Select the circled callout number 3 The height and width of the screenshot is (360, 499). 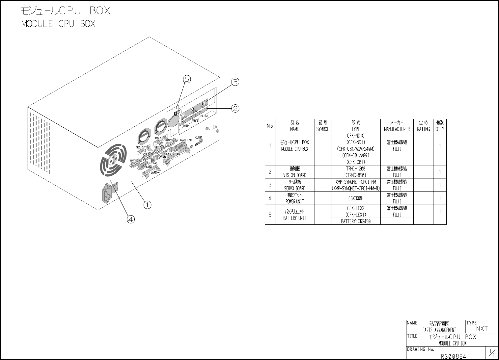(235, 82)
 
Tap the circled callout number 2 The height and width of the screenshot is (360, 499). (235, 108)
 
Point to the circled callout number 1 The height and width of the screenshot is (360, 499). (147, 205)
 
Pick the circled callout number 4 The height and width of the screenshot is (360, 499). (131, 219)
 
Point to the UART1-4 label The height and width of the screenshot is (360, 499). (156, 172)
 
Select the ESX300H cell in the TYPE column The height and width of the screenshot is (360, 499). (356, 198)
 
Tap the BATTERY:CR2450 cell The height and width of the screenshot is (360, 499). (356, 221)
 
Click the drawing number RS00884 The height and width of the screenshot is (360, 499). (454, 356)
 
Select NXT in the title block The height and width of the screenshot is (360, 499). (482, 328)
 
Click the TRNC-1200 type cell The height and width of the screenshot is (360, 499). (356, 168)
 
